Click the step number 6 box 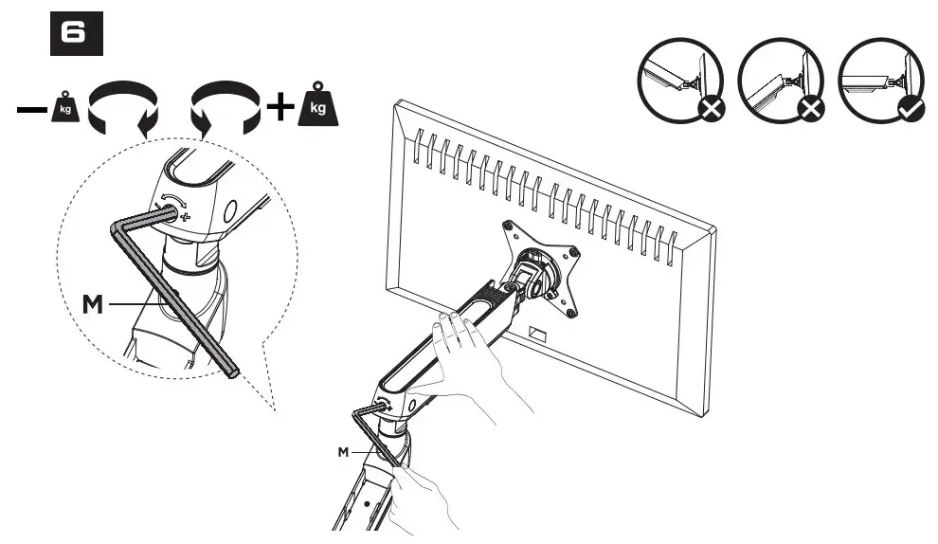point(76,34)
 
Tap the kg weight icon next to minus point(63,108)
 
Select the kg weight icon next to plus point(318,107)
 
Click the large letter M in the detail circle point(93,304)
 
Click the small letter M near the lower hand point(344,452)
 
